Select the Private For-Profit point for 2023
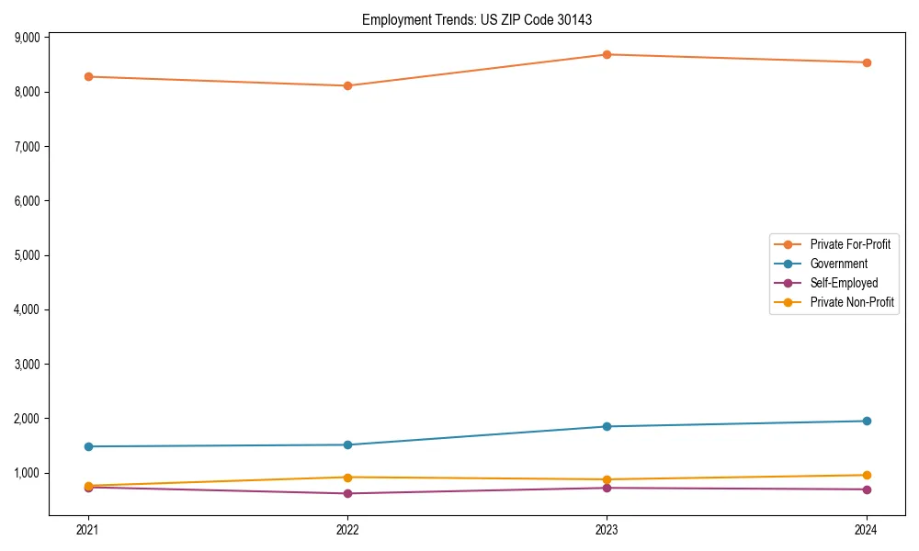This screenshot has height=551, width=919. [x=607, y=54]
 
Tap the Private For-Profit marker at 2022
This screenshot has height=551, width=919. [x=347, y=85]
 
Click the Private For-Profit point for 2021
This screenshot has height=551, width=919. [x=88, y=76]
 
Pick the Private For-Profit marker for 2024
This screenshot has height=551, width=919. [x=867, y=62]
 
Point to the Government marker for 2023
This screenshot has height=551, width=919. [x=607, y=426]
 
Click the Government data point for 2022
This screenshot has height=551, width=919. [x=347, y=444]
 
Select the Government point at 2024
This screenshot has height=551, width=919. [x=867, y=421]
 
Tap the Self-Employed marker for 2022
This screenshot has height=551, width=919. [x=347, y=493]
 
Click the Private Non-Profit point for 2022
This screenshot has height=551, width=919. [x=347, y=477]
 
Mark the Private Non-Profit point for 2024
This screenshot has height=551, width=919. [x=867, y=475]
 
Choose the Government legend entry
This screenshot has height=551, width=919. [x=838, y=264]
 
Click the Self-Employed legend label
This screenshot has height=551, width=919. [x=844, y=283]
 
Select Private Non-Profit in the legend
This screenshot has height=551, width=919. [x=852, y=302]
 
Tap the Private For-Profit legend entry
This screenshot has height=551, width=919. [x=850, y=244]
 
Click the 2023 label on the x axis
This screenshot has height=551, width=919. [x=607, y=530]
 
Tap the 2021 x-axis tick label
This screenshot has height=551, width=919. [x=88, y=530]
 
